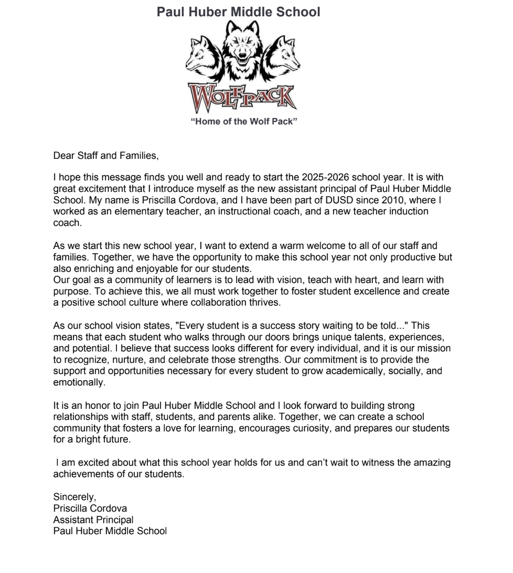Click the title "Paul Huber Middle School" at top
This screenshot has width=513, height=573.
coord(238,12)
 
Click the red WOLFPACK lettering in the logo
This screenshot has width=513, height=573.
coord(242,98)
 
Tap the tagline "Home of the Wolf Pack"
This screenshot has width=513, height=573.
coord(244,122)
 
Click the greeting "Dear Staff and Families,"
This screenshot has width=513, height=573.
coord(105,155)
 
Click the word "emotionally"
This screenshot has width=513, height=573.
coord(79,382)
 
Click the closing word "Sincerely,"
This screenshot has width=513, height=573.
coord(74,496)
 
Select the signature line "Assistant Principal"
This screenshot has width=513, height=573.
coord(93,520)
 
